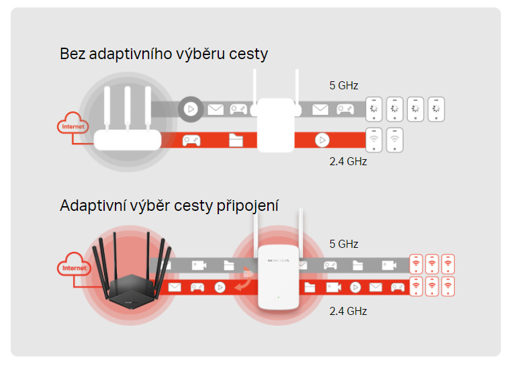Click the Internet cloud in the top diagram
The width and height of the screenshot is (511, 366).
pyautogui.click(x=73, y=123)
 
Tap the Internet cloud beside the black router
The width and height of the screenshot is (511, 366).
pyautogui.click(x=74, y=264)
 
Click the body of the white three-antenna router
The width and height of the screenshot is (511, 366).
pyautogui.click(x=128, y=140)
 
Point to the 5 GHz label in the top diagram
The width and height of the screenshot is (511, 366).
pyautogui.click(x=344, y=85)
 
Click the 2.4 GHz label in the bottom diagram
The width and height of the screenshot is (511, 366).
pyautogui.click(x=348, y=311)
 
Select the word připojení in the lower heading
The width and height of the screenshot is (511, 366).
pyautogui.click(x=247, y=205)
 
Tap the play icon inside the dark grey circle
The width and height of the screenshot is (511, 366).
pyautogui.click(x=191, y=109)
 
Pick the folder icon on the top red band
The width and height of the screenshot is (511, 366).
pyautogui.click(x=236, y=140)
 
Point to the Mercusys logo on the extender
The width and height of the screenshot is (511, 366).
pyautogui.click(x=278, y=261)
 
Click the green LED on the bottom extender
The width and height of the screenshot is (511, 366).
pyautogui.click(x=278, y=298)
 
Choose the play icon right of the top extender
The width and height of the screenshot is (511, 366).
pyautogui.click(x=322, y=140)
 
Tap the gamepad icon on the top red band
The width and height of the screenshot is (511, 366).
pyautogui.click(x=191, y=140)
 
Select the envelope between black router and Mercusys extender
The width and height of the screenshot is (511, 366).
pyautogui.click(x=175, y=287)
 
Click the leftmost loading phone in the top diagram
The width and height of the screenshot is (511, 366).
pyautogui.click(x=373, y=109)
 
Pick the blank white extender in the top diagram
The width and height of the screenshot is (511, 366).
pyautogui.click(x=276, y=125)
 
